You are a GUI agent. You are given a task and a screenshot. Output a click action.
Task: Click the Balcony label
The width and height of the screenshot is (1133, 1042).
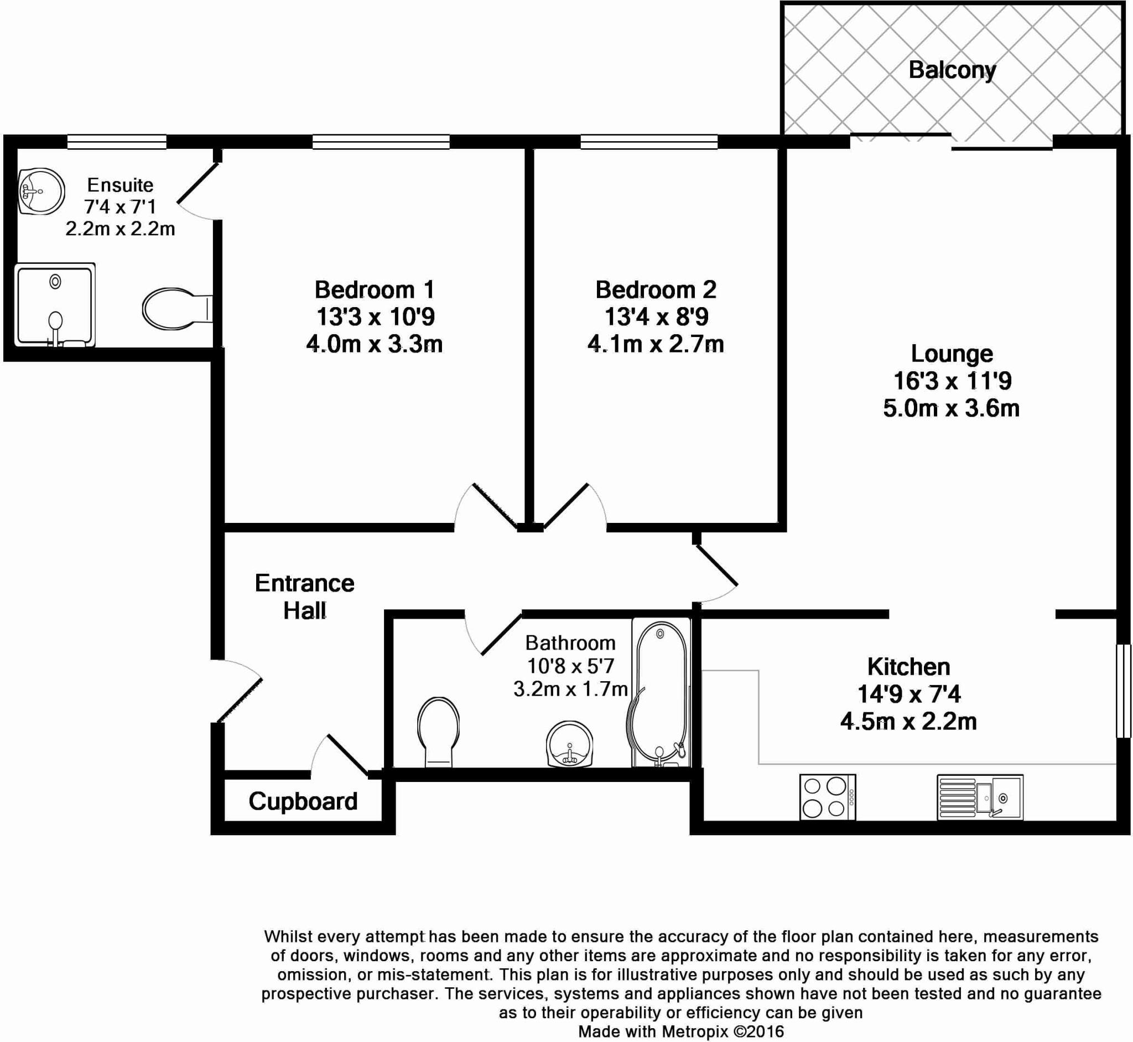tap(952, 70)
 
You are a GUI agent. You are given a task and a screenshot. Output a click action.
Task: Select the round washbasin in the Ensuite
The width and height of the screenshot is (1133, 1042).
tap(40, 191)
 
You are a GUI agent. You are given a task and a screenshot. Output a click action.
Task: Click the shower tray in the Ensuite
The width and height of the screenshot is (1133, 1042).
tap(54, 304)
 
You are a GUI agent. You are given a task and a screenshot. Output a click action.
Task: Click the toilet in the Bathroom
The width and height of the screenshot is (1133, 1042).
tap(438, 732)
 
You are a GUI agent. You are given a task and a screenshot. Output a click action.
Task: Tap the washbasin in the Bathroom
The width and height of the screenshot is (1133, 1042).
tap(569, 744)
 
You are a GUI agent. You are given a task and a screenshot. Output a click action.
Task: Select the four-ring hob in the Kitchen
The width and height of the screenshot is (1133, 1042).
tap(827, 797)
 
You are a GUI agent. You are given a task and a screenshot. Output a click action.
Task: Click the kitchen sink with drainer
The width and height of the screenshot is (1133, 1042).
tap(980, 797)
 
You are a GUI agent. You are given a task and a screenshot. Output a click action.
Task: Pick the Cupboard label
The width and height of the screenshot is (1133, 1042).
tap(303, 801)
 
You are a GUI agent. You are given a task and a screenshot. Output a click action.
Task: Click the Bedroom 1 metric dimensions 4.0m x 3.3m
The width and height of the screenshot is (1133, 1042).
tap(375, 344)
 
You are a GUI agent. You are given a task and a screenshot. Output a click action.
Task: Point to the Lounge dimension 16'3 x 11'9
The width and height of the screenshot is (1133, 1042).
tap(952, 381)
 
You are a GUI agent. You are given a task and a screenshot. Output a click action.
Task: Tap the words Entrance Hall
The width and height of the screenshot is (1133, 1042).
tap(304, 597)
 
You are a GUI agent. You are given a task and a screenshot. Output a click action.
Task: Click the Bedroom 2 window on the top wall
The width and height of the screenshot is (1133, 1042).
tap(649, 142)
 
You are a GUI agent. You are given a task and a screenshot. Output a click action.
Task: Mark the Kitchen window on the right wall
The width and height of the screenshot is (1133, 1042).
tap(1123, 691)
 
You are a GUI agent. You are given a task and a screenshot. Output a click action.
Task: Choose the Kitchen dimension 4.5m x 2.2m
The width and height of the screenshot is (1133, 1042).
tap(908, 721)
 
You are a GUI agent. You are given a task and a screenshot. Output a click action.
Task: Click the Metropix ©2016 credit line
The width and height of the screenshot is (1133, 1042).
tap(681, 1031)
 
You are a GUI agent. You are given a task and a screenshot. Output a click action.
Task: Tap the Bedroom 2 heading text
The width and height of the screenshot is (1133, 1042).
tap(656, 290)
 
